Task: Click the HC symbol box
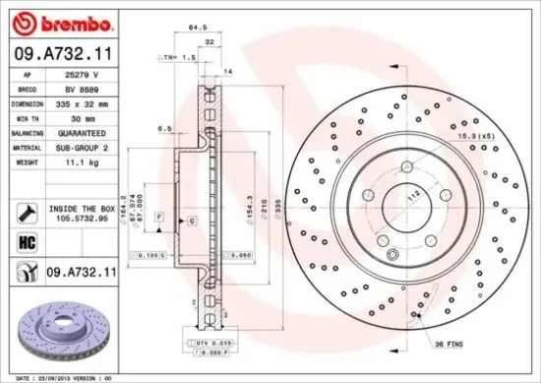(x=28, y=239)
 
